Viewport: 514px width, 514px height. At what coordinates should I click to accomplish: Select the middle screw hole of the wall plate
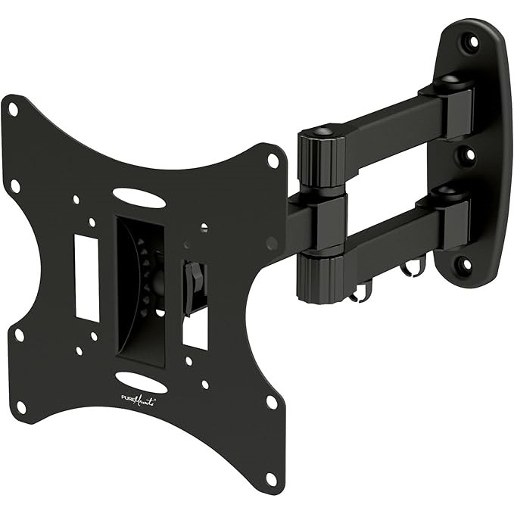(469, 155)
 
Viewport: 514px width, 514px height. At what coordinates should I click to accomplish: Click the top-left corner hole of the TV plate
(13, 110)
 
